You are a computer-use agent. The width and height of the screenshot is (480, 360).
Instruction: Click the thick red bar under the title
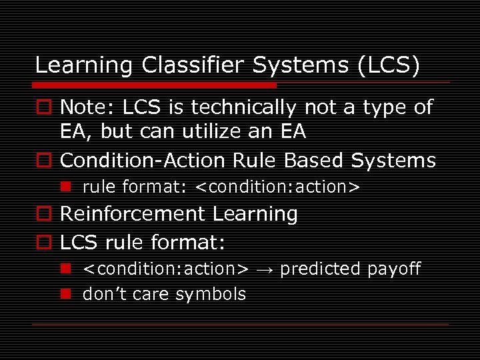tap(155, 85)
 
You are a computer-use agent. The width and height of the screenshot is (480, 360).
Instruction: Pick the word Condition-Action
tap(144, 161)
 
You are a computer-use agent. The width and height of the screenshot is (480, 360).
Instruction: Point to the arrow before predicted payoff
tap(264, 269)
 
